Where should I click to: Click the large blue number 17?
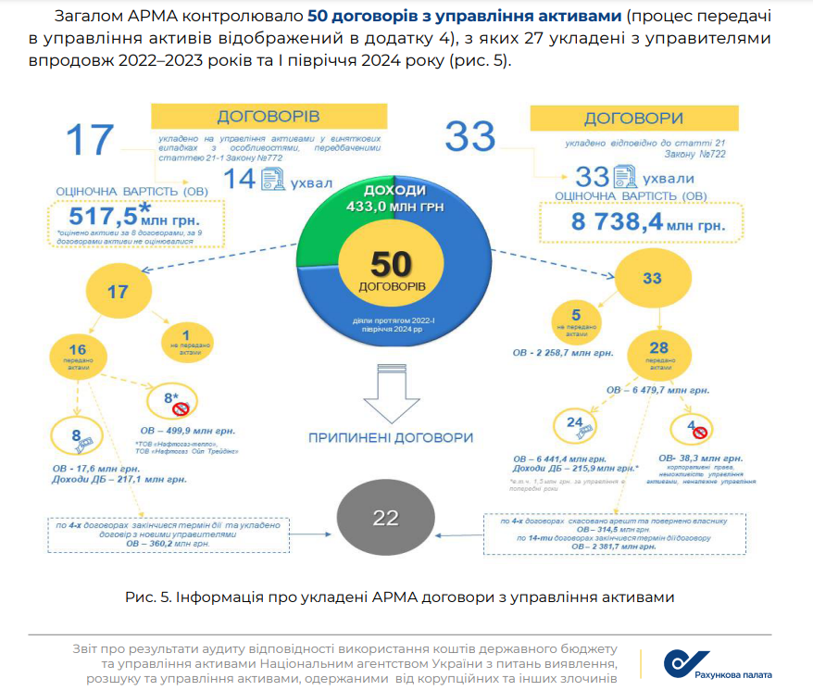[x=90, y=141]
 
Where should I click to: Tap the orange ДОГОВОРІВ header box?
[x=268, y=117]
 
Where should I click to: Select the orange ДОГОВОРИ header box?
[x=633, y=119]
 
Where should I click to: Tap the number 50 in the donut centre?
[x=392, y=265]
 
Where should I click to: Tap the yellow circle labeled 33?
[x=652, y=277]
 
